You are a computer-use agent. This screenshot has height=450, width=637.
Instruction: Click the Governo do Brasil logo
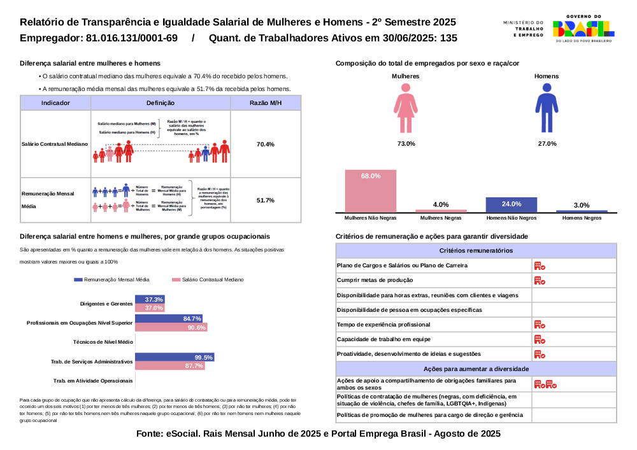click(583, 29)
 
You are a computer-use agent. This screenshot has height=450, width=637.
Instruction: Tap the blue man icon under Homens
click(546, 109)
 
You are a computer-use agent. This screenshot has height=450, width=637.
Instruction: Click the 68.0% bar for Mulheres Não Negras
click(371, 190)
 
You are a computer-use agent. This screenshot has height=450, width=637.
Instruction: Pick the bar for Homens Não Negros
click(511, 204)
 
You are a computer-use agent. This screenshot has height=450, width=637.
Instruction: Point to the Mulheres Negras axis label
click(441, 218)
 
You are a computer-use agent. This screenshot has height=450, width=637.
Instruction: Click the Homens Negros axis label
click(582, 218)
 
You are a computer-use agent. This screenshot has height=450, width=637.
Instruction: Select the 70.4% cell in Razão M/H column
click(265, 144)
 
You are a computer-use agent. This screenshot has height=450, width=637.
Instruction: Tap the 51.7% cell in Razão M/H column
click(265, 200)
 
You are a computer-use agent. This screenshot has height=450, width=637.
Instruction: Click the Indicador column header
click(55, 102)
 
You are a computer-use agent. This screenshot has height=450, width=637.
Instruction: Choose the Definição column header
click(160, 102)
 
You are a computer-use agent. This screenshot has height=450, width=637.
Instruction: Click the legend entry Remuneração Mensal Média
click(112, 279)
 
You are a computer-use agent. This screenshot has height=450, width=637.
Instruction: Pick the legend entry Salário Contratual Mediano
click(208, 279)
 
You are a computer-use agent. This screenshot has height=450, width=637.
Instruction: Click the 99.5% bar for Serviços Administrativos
click(174, 357)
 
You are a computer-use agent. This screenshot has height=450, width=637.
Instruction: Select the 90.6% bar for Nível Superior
click(171, 327)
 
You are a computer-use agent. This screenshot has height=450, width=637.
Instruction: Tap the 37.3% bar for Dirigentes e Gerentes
click(150, 299)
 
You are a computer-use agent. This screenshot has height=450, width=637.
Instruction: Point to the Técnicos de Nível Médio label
click(103, 342)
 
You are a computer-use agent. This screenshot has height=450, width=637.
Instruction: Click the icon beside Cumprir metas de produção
click(539, 280)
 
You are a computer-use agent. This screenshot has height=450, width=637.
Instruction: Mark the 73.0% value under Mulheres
click(406, 144)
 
